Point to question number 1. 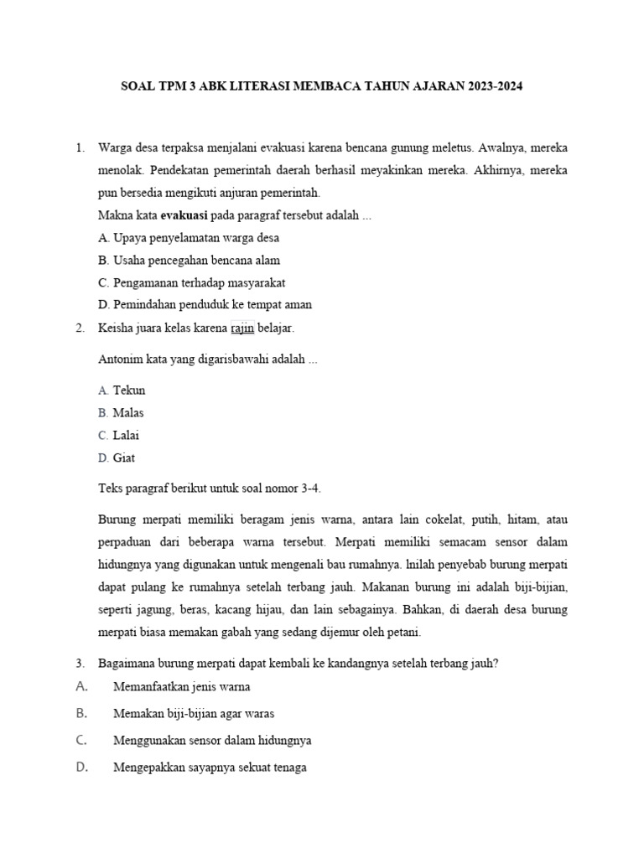80,147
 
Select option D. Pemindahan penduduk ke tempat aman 205,305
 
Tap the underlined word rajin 242,328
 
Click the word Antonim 122,360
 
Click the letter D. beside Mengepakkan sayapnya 82,767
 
